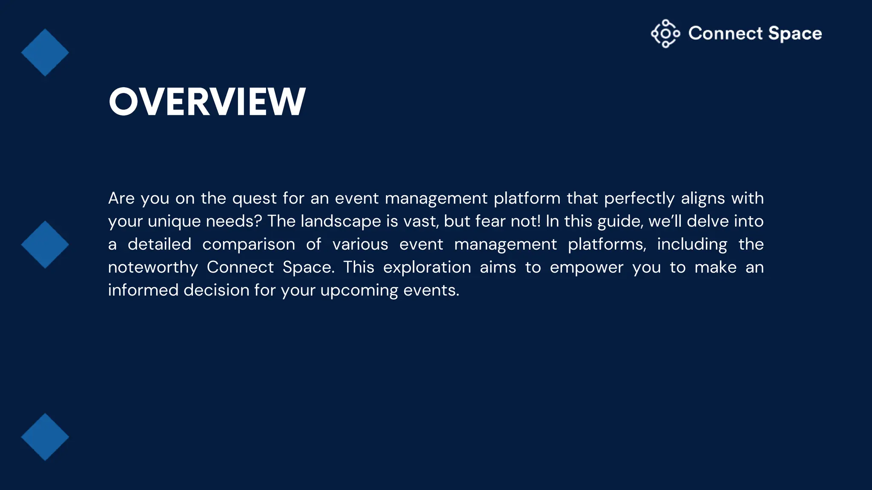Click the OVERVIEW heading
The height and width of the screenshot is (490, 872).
tap(207, 102)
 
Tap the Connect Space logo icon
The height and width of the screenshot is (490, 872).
tap(665, 34)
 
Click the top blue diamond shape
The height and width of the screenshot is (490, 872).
tap(45, 53)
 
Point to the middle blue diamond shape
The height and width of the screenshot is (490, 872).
tap(45, 245)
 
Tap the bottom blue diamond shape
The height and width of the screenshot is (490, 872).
tap(45, 437)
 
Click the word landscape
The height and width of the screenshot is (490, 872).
tap(341, 222)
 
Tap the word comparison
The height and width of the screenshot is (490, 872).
tap(248, 245)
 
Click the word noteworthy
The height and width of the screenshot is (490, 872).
tap(153, 268)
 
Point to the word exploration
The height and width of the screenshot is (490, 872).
tap(427, 268)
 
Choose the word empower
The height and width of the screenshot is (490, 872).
tap(586, 268)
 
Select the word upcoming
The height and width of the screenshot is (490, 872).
tap(359, 291)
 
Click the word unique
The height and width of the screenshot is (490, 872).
tap(174, 222)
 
